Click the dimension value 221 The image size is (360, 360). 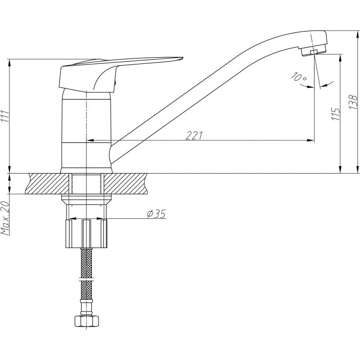(194, 135)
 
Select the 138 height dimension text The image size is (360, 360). (353, 102)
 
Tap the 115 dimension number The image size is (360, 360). (335, 114)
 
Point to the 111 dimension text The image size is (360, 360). (5, 117)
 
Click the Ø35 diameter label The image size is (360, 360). (156, 214)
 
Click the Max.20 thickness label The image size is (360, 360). (5, 218)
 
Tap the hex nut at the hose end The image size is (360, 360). (86, 321)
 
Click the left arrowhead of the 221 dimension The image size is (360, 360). (90, 140)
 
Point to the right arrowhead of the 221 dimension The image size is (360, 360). (310, 140)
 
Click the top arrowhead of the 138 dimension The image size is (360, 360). (357, 35)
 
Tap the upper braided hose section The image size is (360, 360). (86, 263)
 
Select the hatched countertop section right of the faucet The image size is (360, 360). (126, 184)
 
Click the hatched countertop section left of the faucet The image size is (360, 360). (48, 184)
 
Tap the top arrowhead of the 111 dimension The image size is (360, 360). (9, 63)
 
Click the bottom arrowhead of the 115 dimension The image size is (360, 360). (340, 170)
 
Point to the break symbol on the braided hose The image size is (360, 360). (86, 279)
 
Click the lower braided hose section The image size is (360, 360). (86, 290)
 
